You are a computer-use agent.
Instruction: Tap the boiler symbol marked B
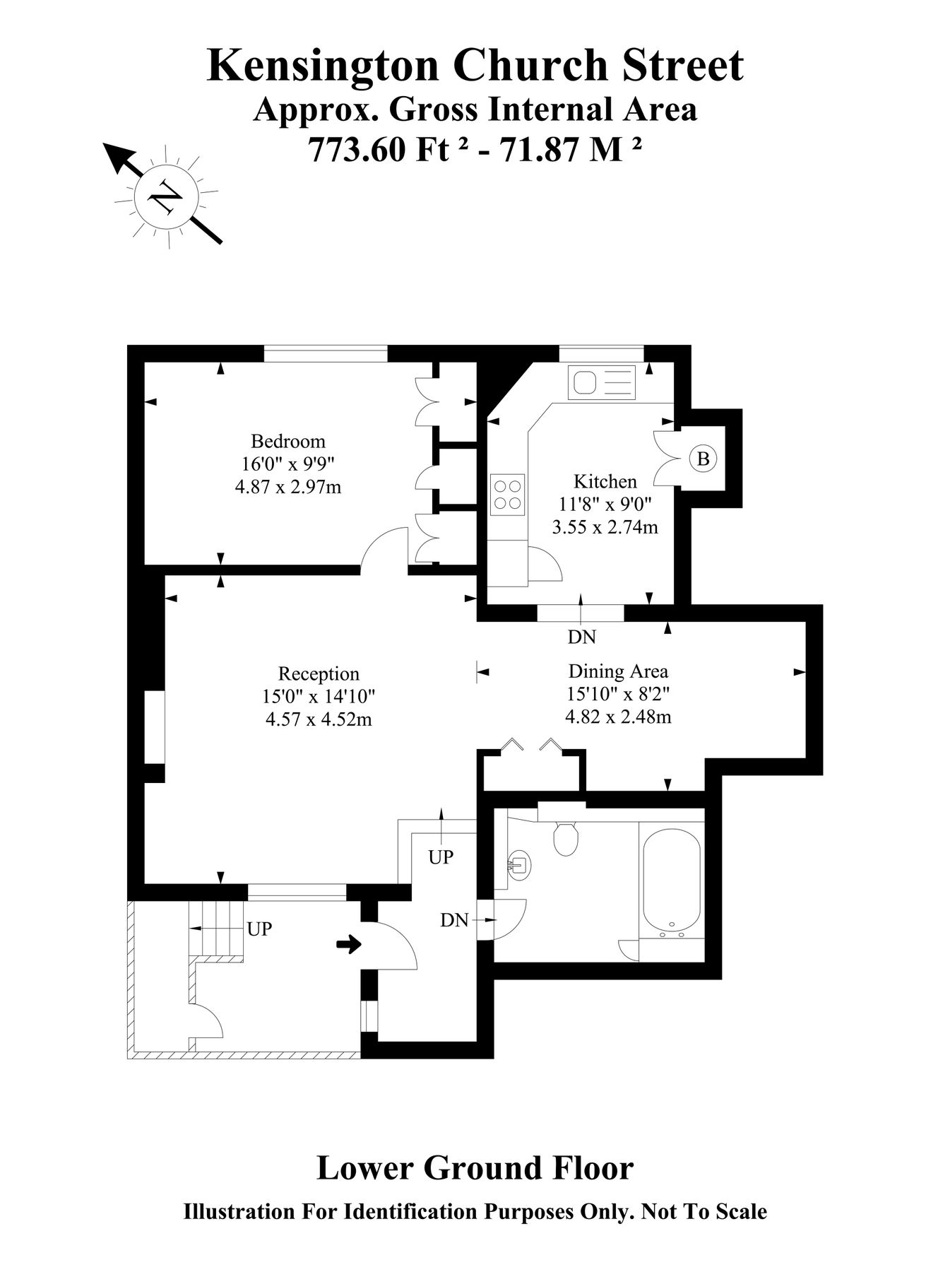pos(703,459)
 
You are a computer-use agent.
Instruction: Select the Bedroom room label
pos(288,442)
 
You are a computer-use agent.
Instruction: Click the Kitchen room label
pos(605,482)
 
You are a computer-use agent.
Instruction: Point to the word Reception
pos(319,673)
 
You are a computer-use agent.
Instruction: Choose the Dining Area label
pos(618,671)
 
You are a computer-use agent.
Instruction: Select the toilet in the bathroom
pos(566,838)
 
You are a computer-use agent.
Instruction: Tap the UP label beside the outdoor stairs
pos(259,929)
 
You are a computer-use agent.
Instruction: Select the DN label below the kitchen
pos(582,637)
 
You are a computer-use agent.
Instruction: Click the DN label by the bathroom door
pos(454,920)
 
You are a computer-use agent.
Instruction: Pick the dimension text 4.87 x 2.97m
pos(288,487)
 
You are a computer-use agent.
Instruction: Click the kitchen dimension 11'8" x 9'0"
pos(605,505)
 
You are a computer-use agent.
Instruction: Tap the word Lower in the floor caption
pos(364,1168)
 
